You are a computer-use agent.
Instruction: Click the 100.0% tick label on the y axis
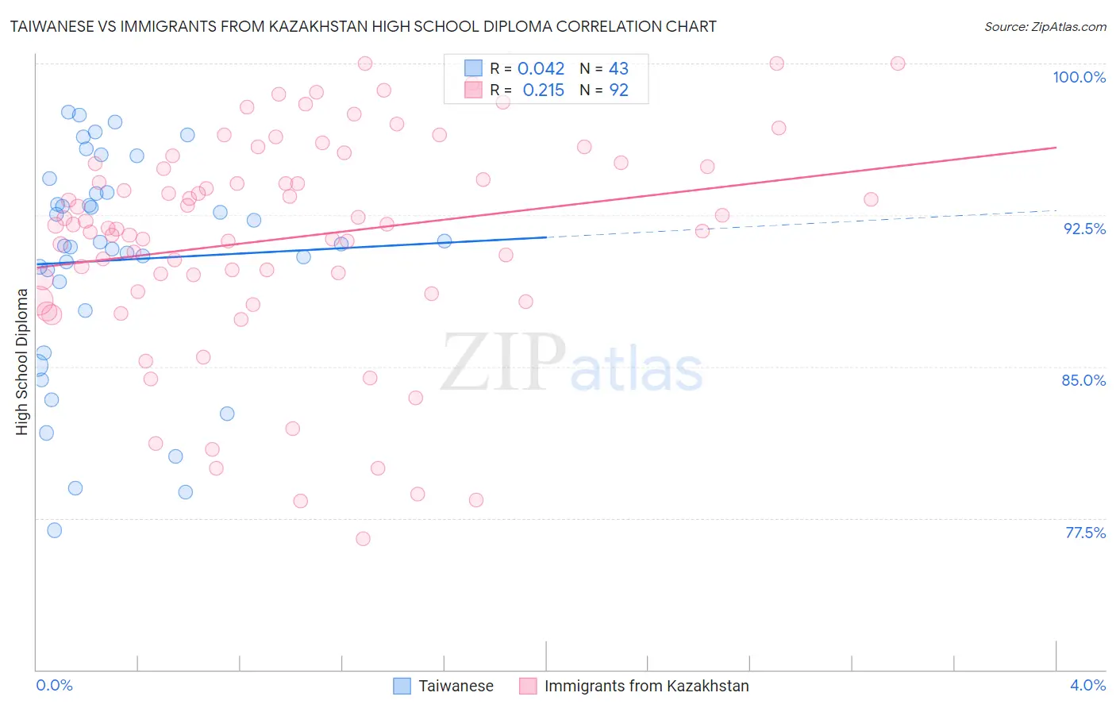(1079, 77)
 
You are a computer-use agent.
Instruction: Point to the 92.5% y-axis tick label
(1084, 229)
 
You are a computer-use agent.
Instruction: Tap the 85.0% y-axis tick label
(1083, 380)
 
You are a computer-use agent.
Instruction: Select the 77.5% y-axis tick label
(1085, 533)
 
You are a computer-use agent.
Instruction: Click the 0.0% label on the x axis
(54, 685)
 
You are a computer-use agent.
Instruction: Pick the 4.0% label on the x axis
(1087, 685)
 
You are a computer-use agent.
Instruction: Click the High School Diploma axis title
(22, 362)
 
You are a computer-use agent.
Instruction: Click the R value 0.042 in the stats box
(541, 69)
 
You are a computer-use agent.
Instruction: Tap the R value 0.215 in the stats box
(543, 90)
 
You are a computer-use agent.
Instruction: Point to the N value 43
(618, 69)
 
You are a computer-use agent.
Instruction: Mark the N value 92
(618, 90)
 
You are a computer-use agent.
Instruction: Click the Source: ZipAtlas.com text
(1045, 27)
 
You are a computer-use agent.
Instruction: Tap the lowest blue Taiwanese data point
(55, 530)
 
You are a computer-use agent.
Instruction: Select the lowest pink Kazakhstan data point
(363, 539)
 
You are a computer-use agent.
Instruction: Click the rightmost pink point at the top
(898, 63)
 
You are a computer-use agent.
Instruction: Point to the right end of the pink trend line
(1056, 148)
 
